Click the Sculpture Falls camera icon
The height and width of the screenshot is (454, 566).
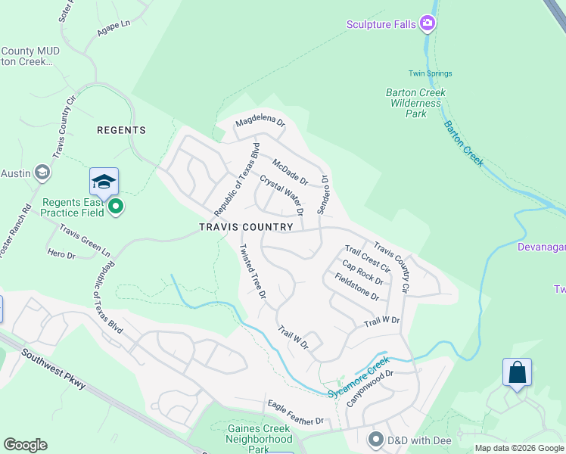click(428, 24)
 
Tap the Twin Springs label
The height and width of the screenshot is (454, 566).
click(430, 73)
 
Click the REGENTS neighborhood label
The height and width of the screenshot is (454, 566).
click(121, 130)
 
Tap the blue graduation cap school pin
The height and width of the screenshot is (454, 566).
click(104, 182)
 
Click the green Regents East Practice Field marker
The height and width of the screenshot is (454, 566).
click(115, 206)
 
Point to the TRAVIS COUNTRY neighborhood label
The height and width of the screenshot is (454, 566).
click(246, 227)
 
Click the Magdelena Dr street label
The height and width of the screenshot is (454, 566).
click(260, 122)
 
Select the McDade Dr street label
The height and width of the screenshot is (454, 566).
click(290, 172)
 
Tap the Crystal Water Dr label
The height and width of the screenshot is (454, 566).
click(281, 194)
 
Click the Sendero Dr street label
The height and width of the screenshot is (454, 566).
click(323, 195)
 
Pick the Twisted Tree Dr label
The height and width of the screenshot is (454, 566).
click(252, 271)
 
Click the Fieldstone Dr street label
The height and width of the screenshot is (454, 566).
click(356, 286)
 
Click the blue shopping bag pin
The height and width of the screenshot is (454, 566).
click(517, 372)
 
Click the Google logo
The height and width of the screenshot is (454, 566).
click(26, 445)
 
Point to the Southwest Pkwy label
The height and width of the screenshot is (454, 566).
click(53, 369)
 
